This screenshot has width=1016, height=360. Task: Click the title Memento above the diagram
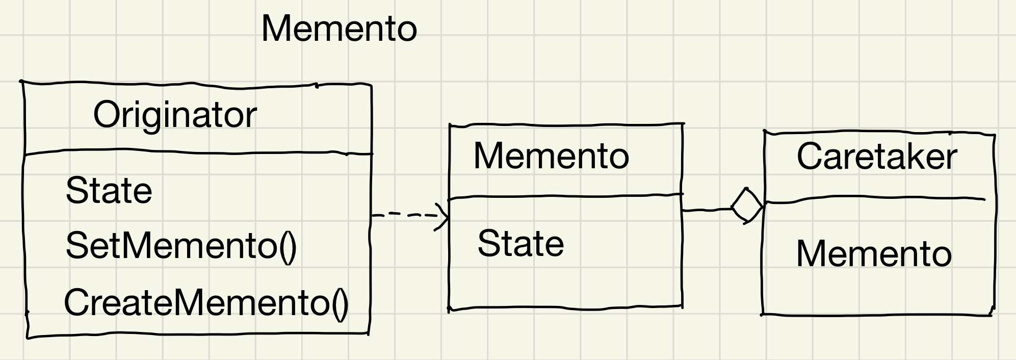pos(339,29)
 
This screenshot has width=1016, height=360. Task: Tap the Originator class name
pos(175,115)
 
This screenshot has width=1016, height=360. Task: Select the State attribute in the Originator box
pos(109,191)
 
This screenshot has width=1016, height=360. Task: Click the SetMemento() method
pos(181,246)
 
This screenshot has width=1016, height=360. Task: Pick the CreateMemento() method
pos(206,303)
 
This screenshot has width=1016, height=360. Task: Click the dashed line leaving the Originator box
pos(403,215)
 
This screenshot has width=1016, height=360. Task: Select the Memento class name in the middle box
pos(551,156)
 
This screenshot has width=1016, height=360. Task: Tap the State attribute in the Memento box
pos(520,244)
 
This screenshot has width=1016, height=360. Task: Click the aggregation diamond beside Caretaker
pos(747,207)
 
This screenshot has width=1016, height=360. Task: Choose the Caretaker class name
pos(877,157)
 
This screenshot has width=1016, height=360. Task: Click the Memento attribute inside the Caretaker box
pos(874,254)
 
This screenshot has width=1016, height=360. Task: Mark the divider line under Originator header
pos(199,152)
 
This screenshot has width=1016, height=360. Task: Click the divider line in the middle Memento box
pos(565,196)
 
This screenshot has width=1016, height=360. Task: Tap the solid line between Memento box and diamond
pos(706,209)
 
